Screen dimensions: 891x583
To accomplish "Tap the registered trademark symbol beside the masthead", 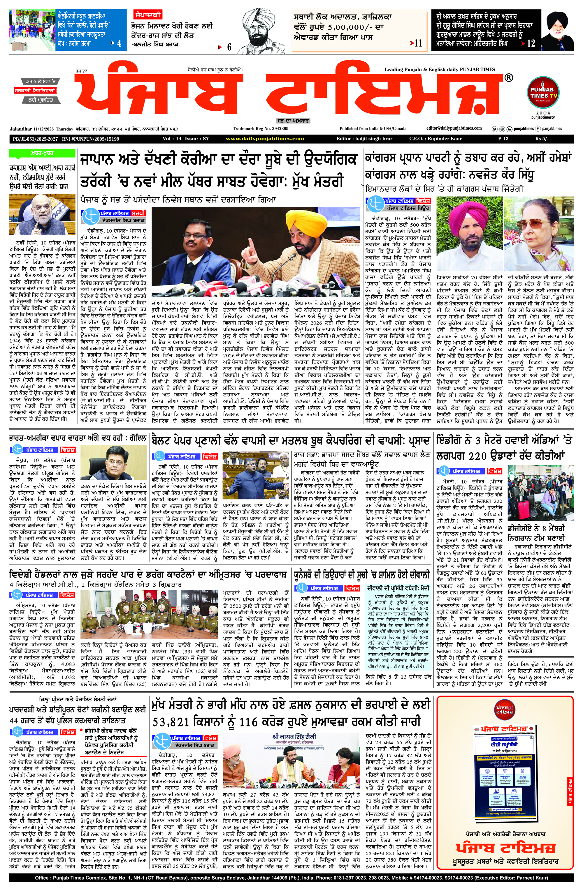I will (x=508, y=78).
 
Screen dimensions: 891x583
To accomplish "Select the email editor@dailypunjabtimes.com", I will (x=454, y=128).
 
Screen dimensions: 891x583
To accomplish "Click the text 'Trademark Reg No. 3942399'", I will (x=260, y=129).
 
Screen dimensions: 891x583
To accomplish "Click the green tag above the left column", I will (x=42, y=154).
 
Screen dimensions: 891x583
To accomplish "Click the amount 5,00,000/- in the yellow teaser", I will (x=346, y=27).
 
